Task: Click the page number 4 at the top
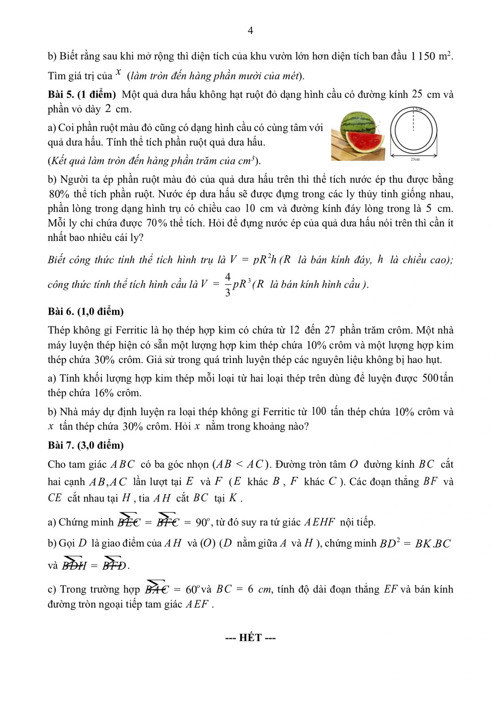(x=250, y=30)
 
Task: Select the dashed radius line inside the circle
(x=413, y=121)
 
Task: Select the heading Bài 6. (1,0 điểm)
(x=86, y=311)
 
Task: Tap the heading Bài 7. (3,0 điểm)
(x=86, y=445)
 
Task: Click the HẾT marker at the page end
(x=250, y=638)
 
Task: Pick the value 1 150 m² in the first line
(x=431, y=56)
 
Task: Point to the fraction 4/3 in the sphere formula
(x=228, y=285)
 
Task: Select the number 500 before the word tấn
(x=430, y=378)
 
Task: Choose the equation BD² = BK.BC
(x=415, y=543)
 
